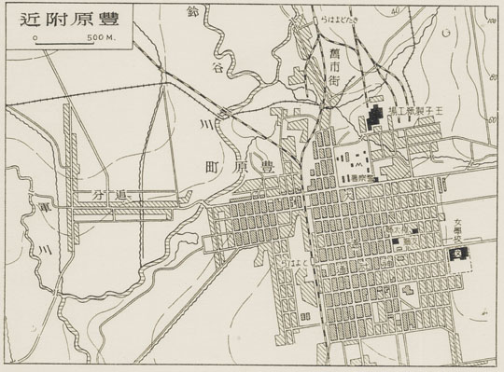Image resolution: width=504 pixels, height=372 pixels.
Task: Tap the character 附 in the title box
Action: pos(50,17)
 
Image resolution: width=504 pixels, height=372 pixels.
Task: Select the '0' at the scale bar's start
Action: pos(34,37)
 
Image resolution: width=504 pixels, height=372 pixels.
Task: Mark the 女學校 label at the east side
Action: pos(457,229)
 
